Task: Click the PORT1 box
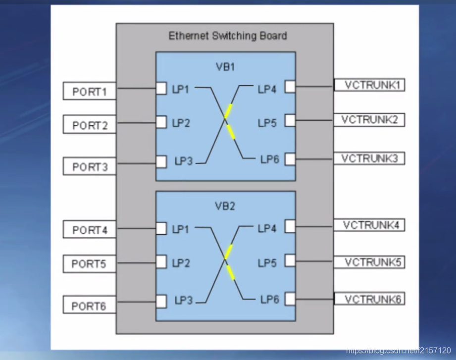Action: coord(90,92)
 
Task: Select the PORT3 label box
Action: coord(90,167)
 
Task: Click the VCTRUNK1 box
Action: coord(369,85)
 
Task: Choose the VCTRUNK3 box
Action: coord(369,158)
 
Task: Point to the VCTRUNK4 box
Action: coord(369,225)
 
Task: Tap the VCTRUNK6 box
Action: coord(369,299)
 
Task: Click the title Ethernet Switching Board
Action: coord(228,36)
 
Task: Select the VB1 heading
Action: coord(225,66)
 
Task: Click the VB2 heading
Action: coord(225,206)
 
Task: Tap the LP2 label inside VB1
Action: coord(181,122)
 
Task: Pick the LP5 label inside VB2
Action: coord(267,263)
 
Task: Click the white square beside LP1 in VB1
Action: coord(161,88)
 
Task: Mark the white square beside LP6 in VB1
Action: coord(290,159)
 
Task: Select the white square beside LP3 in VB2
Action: coord(161,300)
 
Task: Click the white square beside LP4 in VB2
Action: coord(290,227)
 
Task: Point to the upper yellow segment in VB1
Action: coord(228,111)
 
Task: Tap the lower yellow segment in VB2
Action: coord(230,272)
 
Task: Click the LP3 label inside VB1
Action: coord(183,161)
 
